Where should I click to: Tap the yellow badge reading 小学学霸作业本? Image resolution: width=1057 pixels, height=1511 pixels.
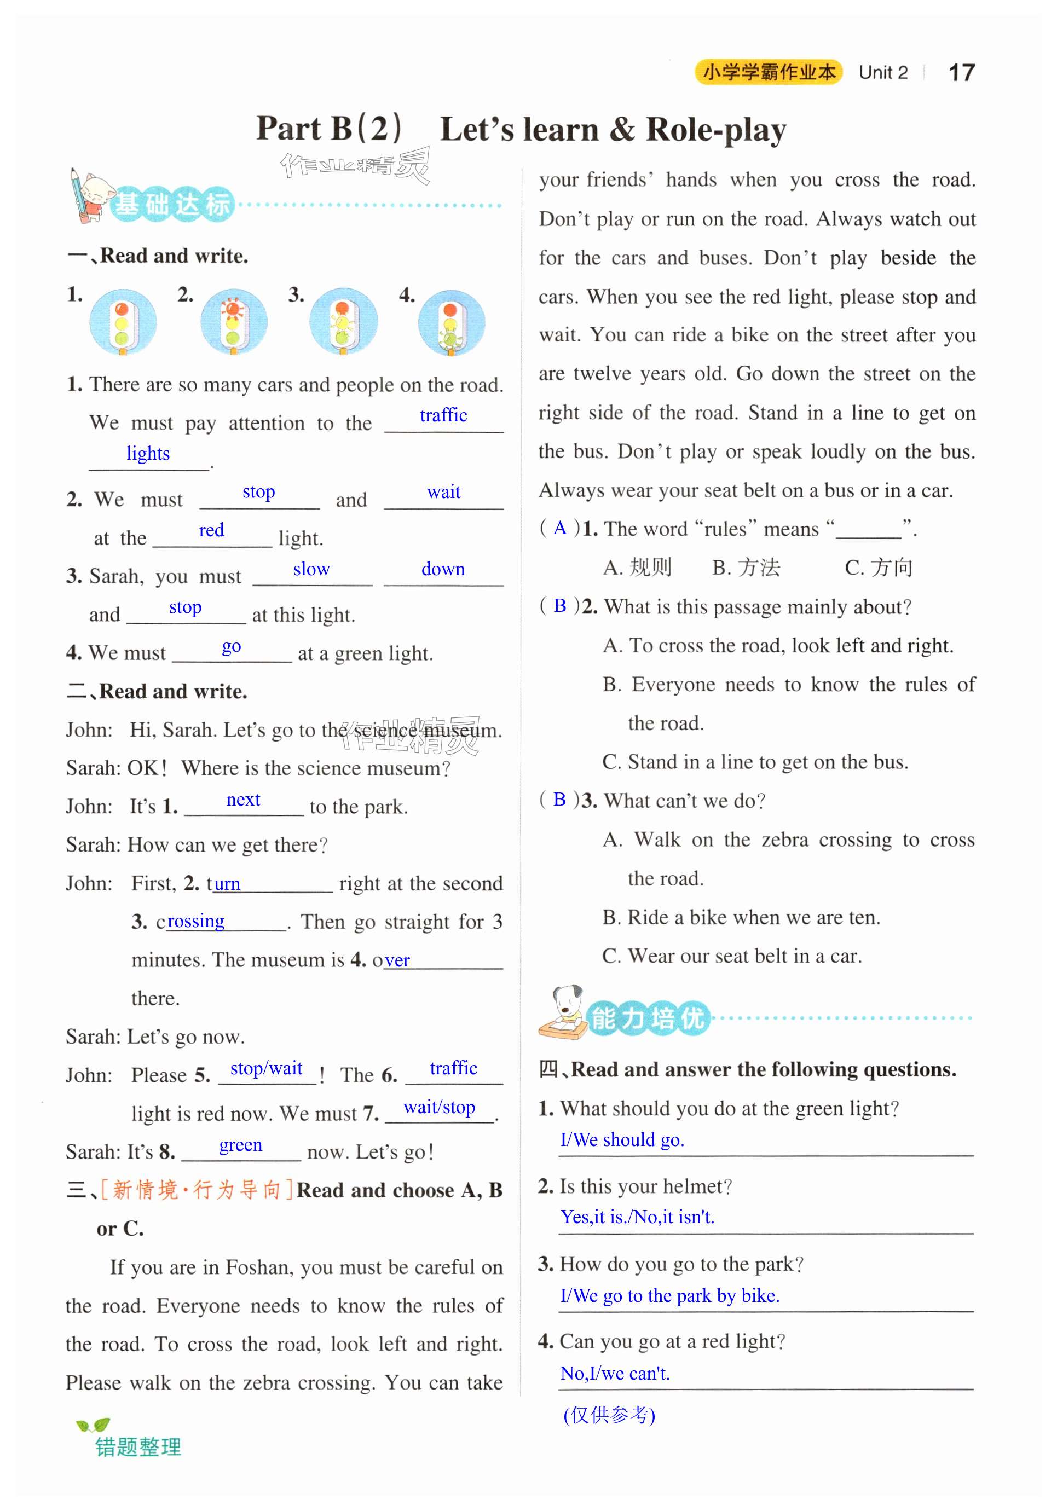pos(768,72)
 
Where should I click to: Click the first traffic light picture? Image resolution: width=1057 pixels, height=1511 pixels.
pos(123,322)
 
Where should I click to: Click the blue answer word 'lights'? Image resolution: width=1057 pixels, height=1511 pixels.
pos(148,454)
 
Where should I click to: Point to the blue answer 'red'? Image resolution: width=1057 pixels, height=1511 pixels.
pos(211,530)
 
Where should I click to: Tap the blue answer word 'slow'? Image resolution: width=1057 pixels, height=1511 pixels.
pos(311,569)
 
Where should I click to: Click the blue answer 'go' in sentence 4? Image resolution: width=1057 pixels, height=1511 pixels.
pos(231,646)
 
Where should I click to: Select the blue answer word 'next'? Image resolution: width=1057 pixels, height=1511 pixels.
pos(243,800)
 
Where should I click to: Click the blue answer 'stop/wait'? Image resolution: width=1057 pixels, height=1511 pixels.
pos(266,1068)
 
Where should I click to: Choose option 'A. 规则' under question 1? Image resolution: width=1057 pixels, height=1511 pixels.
pos(637,568)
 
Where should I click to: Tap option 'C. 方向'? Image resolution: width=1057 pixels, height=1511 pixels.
pos(878,568)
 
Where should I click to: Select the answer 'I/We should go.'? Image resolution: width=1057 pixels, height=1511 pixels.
pos(622,1140)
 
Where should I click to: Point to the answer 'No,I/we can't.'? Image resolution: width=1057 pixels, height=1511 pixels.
pos(615,1374)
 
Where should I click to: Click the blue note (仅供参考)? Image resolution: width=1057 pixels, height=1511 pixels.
pos(609,1414)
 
